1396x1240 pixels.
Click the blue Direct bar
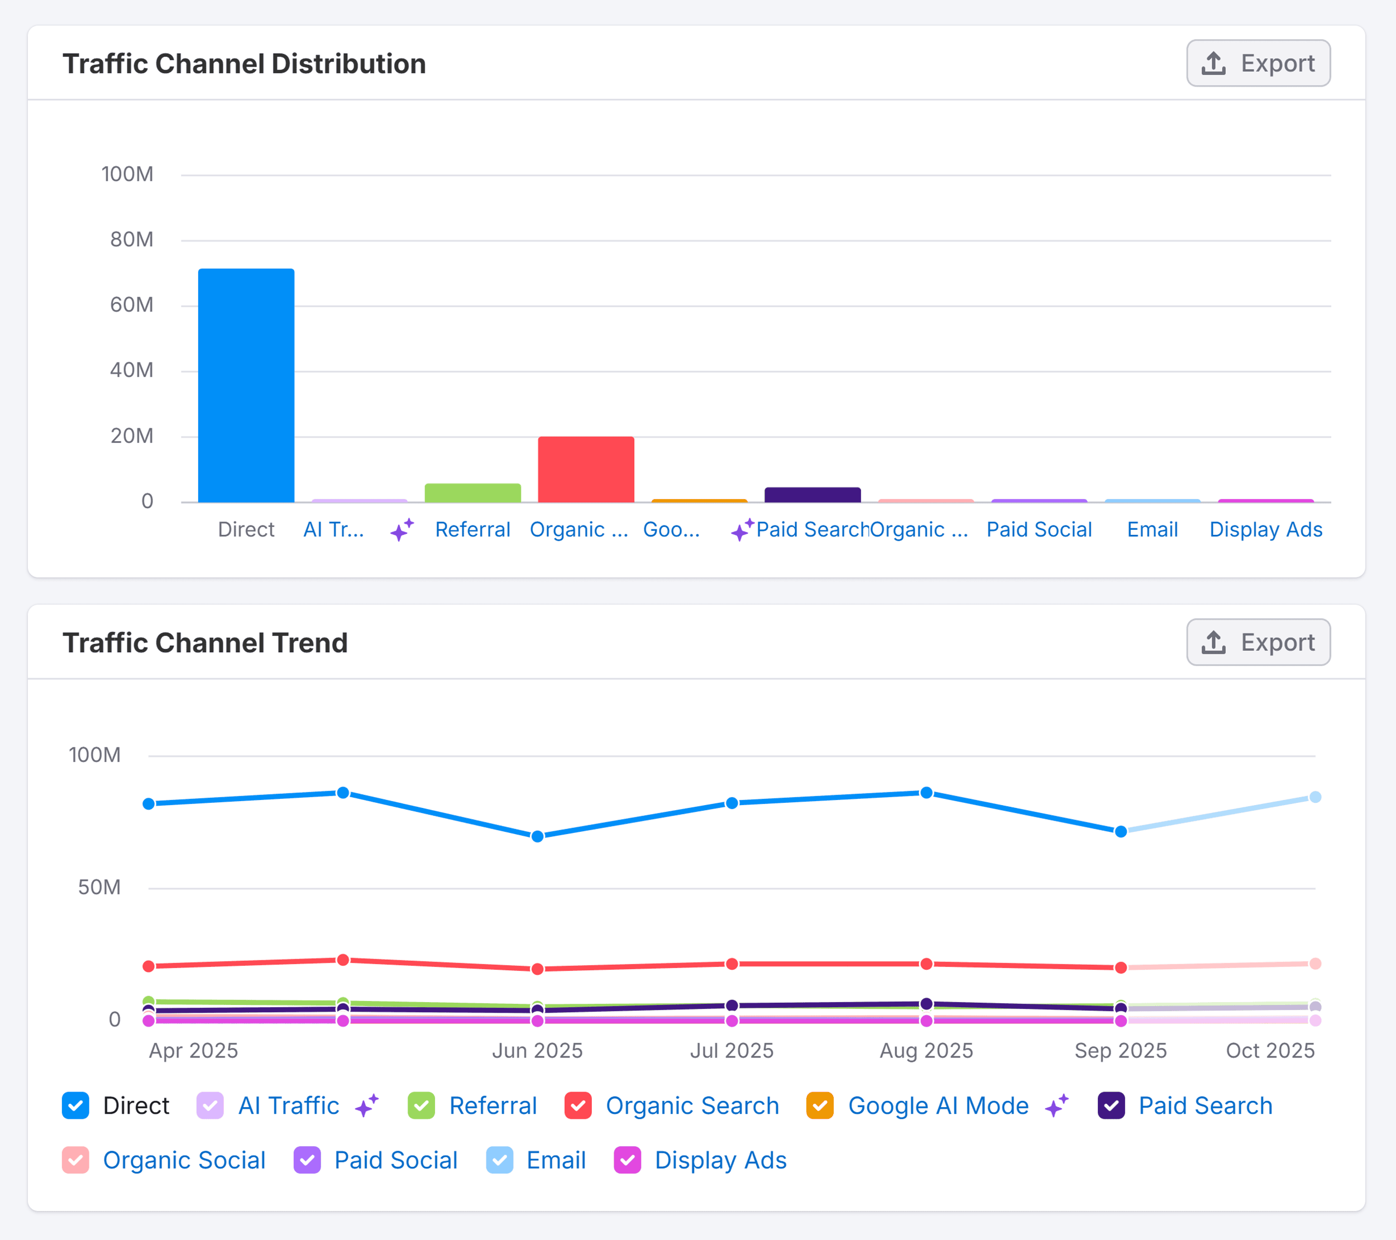point(246,386)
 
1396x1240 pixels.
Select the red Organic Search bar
point(586,470)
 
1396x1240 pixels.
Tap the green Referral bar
point(472,493)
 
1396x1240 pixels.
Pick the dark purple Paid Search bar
point(812,495)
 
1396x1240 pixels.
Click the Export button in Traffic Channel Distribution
point(1258,64)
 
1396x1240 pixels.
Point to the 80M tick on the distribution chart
point(132,240)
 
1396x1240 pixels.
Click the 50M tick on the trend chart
point(99,887)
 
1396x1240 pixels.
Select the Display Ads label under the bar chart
point(1265,529)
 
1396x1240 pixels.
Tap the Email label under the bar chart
point(1152,529)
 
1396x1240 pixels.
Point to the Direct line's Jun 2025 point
point(538,836)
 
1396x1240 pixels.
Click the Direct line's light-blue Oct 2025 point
point(1314,797)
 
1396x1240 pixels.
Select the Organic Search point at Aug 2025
point(926,964)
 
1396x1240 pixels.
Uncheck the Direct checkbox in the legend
point(76,1105)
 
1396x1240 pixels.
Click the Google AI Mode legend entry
point(938,1105)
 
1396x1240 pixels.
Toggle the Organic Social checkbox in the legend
point(76,1160)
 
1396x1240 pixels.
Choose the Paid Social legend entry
point(395,1160)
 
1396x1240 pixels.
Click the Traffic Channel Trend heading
point(205,643)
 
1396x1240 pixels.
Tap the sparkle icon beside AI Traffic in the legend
point(367,1105)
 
